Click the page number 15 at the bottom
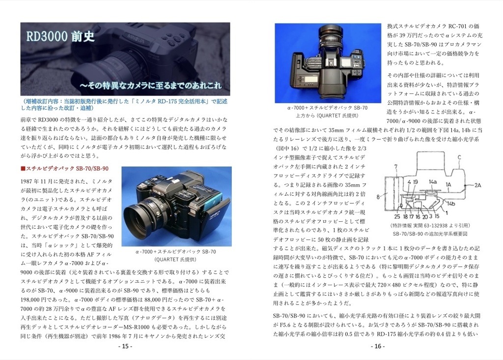(125, 346)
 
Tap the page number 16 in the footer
(378, 346)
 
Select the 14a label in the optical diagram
(432, 182)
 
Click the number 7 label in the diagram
(396, 167)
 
